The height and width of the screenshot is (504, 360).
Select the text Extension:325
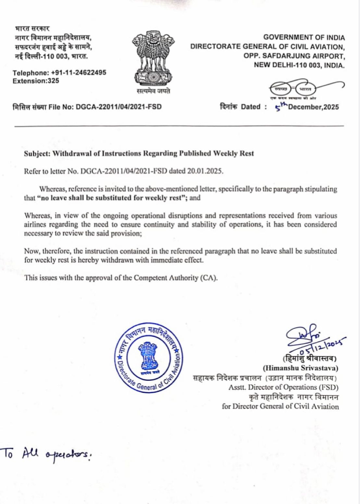tap(36, 81)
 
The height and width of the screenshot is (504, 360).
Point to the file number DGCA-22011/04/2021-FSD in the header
tap(118, 107)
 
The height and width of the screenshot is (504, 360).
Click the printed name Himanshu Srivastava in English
tap(301, 368)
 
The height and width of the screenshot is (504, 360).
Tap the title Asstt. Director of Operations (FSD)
tap(283, 387)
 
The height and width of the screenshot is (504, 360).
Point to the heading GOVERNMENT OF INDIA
tap(304, 38)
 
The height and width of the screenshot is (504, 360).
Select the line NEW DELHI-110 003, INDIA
tap(299, 65)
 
